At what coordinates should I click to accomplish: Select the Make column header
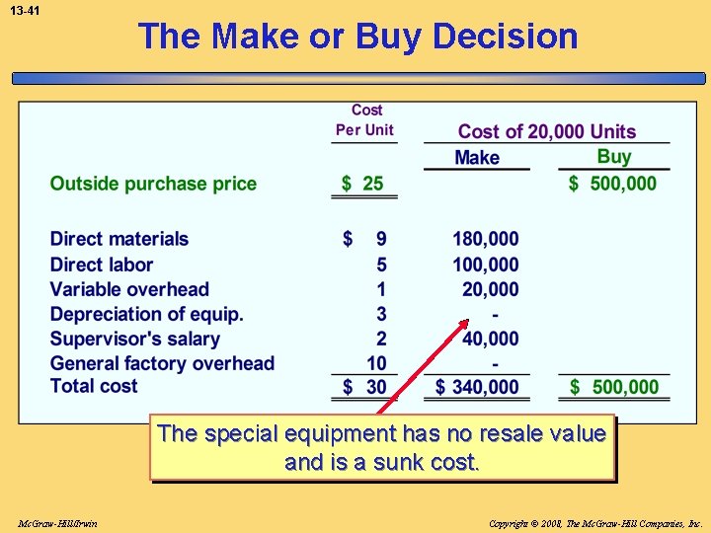(477, 158)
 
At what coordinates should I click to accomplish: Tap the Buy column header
(613, 157)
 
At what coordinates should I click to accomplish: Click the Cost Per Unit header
(364, 119)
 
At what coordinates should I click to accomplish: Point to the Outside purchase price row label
(153, 184)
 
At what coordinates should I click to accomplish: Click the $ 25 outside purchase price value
(362, 184)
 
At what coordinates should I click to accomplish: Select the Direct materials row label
(118, 239)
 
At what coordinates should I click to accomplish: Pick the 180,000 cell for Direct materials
(485, 239)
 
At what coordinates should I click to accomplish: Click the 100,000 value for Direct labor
(485, 265)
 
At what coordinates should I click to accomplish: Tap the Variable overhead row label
(129, 289)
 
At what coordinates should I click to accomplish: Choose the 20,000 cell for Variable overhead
(490, 289)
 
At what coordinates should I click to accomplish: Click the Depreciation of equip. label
(146, 314)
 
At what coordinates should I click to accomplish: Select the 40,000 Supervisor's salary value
(490, 339)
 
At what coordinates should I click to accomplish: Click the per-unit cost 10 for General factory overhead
(376, 363)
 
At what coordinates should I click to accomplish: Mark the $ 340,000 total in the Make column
(477, 387)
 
